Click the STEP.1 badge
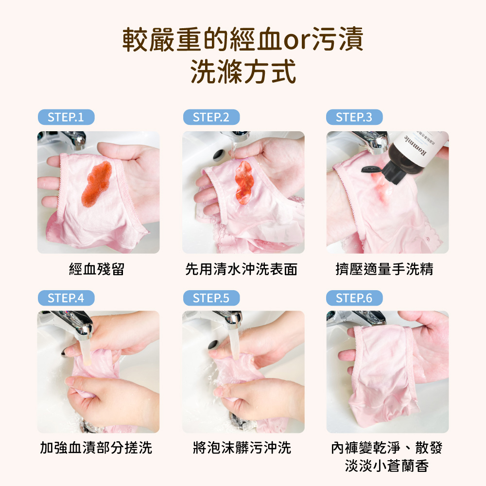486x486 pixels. coord(66,117)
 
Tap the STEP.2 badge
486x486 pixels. coord(211,117)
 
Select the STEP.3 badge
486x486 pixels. coord(354,117)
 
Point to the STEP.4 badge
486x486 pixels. coord(66,298)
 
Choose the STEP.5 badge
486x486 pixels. coord(211,298)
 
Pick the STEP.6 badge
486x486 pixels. coord(354,298)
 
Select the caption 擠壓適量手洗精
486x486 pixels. coord(384,269)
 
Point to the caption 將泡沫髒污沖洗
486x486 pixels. coord(242,448)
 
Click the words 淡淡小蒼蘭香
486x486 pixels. coord(387,467)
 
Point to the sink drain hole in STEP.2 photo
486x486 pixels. coord(218,155)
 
